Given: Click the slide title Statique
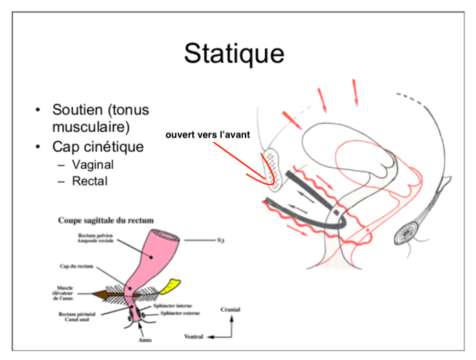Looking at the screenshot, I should point(233,53).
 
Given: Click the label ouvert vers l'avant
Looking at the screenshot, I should point(208,135).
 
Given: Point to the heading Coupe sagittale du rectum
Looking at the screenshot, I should point(105,220).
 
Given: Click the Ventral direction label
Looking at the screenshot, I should point(196,337).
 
